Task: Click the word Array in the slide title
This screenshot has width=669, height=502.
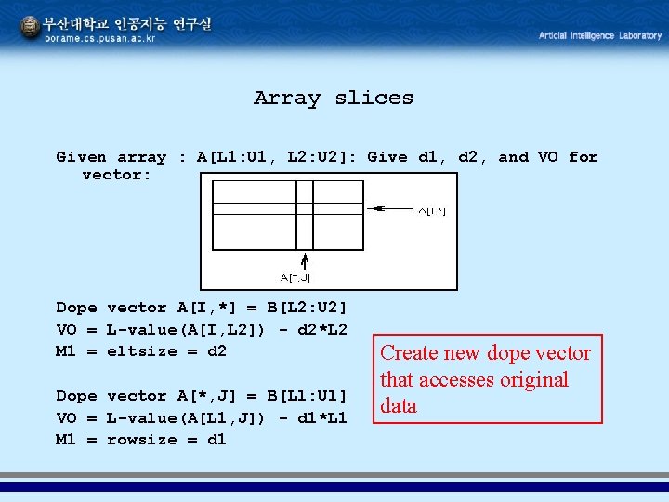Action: [x=286, y=98]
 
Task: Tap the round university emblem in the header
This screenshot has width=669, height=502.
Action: [x=30, y=28]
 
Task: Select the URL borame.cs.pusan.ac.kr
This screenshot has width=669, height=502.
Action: [x=100, y=38]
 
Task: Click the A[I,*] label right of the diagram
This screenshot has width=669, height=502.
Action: [x=430, y=211]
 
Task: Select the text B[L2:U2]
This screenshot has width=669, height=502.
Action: [x=307, y=308]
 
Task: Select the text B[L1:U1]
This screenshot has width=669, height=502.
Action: [x=307, y=396]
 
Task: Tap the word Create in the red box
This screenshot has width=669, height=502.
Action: [x=408, y=353]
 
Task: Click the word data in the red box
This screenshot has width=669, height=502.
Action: [x=399, y=406]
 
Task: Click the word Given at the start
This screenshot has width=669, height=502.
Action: [x=81, y=157]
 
